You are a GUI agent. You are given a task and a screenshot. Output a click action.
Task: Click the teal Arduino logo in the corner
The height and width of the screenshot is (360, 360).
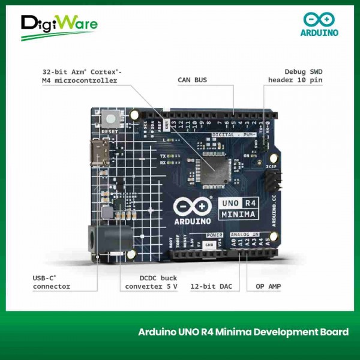[319, 25]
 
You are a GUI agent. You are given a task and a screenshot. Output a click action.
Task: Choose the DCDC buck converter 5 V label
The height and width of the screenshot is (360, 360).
[152, 282]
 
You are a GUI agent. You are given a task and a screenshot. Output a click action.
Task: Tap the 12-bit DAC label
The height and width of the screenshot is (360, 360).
[211, 286]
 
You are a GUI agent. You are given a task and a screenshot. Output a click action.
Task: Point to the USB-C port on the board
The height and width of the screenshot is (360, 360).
[98, 154]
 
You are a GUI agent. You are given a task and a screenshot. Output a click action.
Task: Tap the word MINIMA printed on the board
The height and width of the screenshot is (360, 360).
[238, 214]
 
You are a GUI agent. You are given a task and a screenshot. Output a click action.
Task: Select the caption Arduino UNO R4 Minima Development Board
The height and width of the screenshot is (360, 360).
[243, 332]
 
